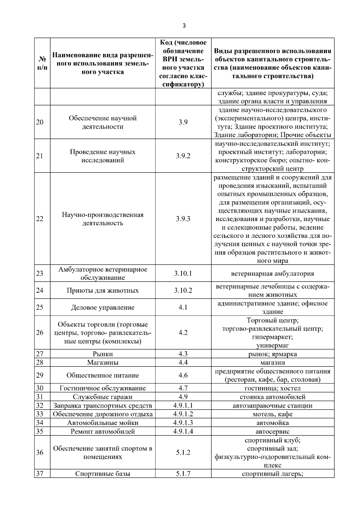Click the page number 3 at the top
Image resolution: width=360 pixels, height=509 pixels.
184,26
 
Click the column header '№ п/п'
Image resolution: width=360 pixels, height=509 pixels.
42,63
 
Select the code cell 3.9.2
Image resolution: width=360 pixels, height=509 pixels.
183,156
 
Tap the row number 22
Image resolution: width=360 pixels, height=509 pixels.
40,219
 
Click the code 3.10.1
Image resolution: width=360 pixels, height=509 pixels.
183,273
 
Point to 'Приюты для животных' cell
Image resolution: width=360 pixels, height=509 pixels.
103,290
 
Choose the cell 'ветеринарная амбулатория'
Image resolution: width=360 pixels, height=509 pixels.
272,274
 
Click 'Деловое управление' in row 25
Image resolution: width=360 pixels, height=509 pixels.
103,307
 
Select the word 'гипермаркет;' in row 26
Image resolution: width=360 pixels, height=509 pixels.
272,337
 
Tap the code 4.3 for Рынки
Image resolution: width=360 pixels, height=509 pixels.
183,354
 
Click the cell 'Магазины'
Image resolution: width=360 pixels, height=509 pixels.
103,362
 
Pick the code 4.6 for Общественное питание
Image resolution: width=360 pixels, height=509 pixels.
183,375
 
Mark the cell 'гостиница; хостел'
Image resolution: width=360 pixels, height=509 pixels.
272,388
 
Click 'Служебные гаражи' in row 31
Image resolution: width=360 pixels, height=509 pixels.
103,397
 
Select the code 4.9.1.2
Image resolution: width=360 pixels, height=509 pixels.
183,414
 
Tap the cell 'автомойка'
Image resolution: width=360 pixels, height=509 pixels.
272,423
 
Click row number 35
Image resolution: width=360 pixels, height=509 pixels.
40,432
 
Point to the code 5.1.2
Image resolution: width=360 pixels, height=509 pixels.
183,453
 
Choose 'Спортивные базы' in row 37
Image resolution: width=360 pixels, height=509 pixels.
103,474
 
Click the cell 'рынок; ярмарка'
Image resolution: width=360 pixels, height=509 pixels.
272,354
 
